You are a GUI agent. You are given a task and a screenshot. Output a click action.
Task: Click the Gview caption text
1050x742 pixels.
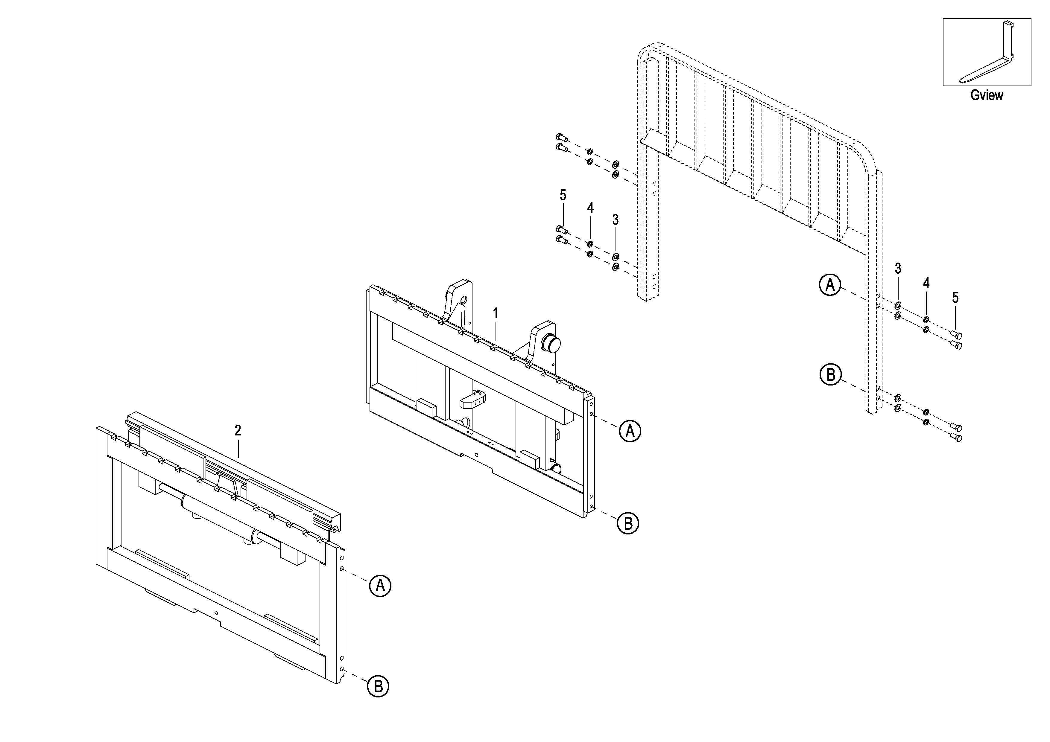(987, 95)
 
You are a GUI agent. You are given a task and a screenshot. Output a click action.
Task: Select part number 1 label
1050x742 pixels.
(495, 314)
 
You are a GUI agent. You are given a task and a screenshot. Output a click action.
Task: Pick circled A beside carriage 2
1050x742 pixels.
(380, 586)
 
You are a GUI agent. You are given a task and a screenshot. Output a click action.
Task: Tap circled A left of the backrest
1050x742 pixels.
(829, 285)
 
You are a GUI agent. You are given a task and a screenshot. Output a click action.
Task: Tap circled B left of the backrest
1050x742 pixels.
(830, 375)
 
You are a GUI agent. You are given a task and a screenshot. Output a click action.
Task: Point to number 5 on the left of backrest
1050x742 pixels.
(563, 195)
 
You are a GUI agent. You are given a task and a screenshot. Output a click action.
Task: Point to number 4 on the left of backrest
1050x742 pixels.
(590, 208)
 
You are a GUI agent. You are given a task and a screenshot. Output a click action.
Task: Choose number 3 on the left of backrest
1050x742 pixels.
(616, 220)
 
